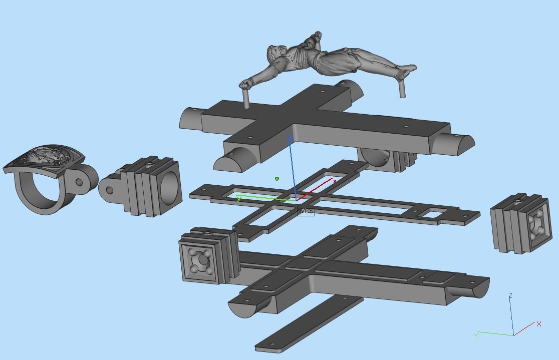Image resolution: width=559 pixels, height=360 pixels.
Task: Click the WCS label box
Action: pos(306,211)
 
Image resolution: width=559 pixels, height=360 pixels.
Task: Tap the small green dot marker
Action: pos(277,179)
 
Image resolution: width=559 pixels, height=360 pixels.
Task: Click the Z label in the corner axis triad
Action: pos(510,296)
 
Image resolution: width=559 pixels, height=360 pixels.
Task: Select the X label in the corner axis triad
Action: pos(539,324)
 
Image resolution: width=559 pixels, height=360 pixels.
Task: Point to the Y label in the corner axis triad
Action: pos(476,335)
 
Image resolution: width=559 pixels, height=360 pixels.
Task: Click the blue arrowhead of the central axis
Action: pos(290,138)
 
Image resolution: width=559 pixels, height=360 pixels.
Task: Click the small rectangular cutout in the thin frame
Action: pos(432,214)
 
